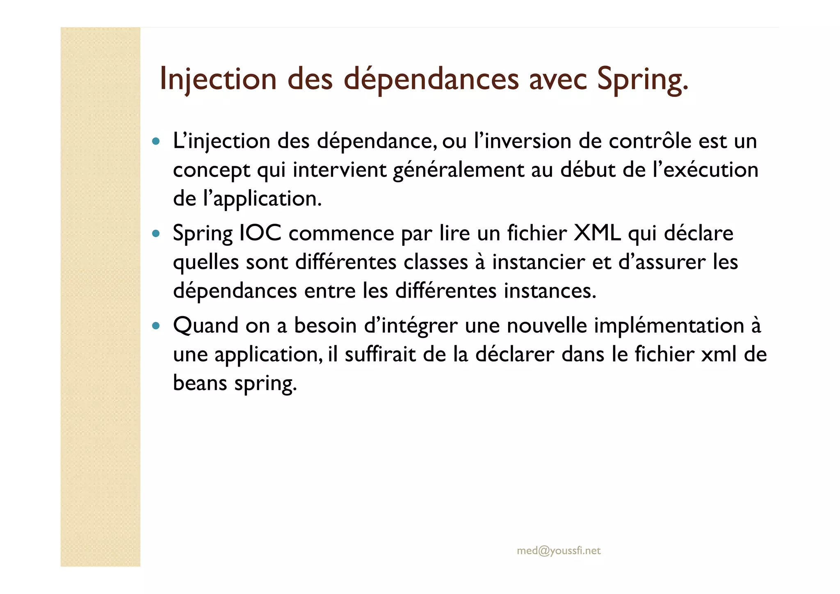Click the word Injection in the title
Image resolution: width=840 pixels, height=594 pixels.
[218, 79]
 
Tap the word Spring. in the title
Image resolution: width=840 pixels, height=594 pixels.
[642, 79]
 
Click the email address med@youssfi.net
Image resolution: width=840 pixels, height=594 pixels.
[559, 550]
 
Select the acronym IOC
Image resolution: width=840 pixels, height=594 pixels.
[260, 233]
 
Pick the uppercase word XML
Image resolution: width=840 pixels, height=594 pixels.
[597, 233]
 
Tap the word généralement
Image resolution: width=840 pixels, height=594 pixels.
[458, 170]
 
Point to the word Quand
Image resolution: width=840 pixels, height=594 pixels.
[205, 326]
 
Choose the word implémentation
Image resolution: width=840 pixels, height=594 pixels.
[669, 326]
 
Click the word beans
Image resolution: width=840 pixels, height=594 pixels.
[200, 383]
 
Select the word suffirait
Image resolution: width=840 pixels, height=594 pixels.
[380, 354]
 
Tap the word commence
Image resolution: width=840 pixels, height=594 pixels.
[341, 233]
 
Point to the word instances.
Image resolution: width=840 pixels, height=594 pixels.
[550, 291]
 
